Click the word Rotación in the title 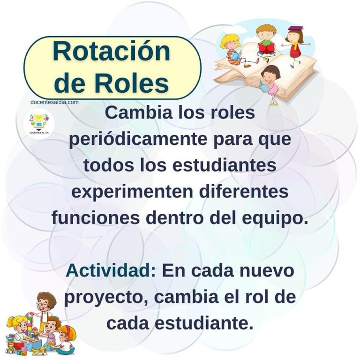(x=112, y=51)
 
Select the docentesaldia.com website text (x=54, y=102)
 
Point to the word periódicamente (x=138, y=140)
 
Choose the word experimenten (x=132, y=192)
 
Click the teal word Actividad (x=111, y=270)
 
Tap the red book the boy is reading (x=267, y=47)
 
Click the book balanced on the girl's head (x=296, y=29)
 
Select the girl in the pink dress (x=271, y=84)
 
